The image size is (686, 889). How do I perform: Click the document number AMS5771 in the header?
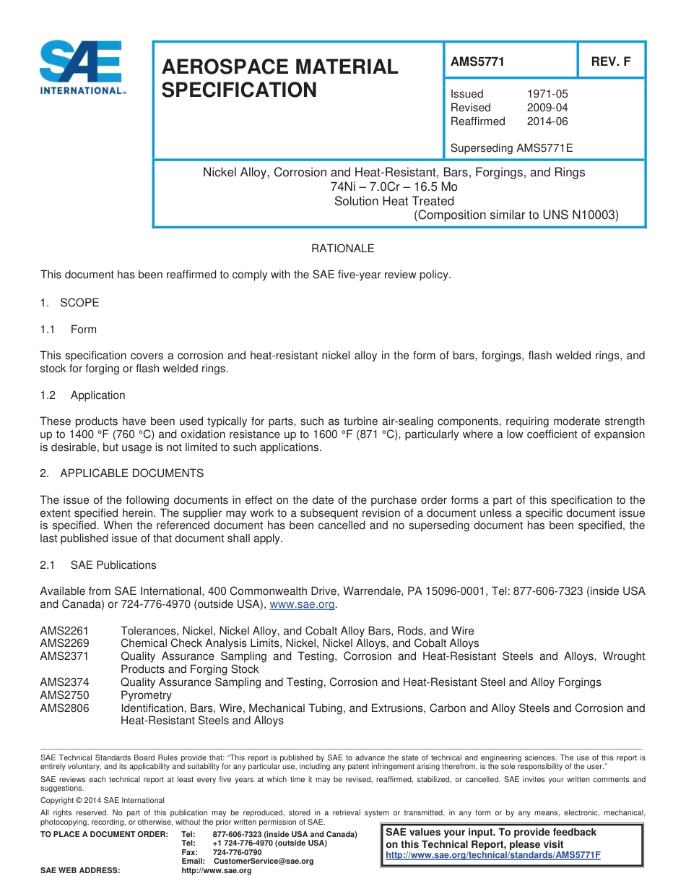pos(477,62)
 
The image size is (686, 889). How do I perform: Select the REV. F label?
pos(611,62)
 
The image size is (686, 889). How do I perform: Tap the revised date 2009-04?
pos(547,108)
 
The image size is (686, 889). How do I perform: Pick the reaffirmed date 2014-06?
pos(547,121)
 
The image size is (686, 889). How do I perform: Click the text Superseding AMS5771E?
pos(511,149)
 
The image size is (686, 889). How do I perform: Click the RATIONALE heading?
pos(342,249)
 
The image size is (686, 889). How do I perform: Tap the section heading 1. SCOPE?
pos(69,303)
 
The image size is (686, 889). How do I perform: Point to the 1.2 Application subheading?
pos(82,395)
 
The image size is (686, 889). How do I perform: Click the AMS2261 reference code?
pos(64,631)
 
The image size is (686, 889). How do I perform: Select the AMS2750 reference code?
pos(64,695)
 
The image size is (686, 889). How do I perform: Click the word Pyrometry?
pos(146,695)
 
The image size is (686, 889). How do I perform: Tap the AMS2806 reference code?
pos(64,708)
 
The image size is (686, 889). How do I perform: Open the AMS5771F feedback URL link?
pos(493,855)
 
